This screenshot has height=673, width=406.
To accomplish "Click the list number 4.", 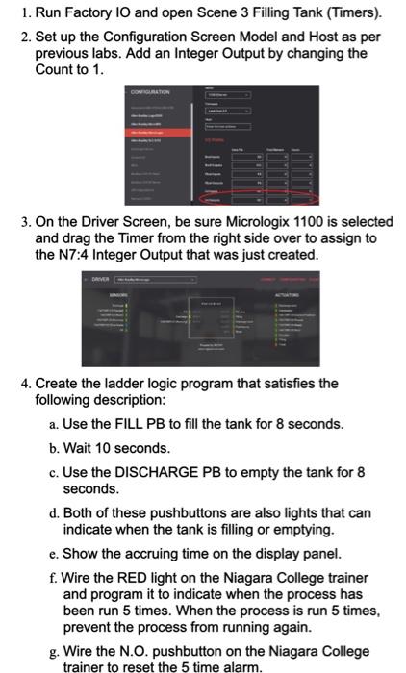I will pos(26,383).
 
